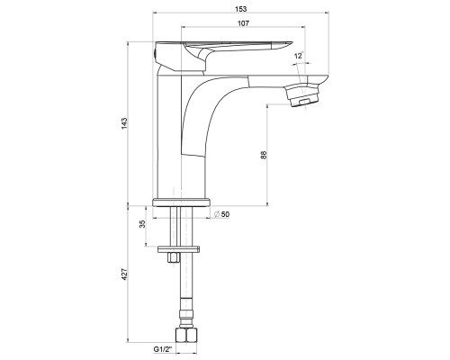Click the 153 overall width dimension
(240, 9)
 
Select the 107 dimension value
(243, 23)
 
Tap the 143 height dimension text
(124, 123)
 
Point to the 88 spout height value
(264, 155)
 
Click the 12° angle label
(299, 56)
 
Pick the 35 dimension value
(142, 224)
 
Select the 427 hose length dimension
(124, 274)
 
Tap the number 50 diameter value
(225, 214)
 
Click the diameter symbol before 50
(217, 214)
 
